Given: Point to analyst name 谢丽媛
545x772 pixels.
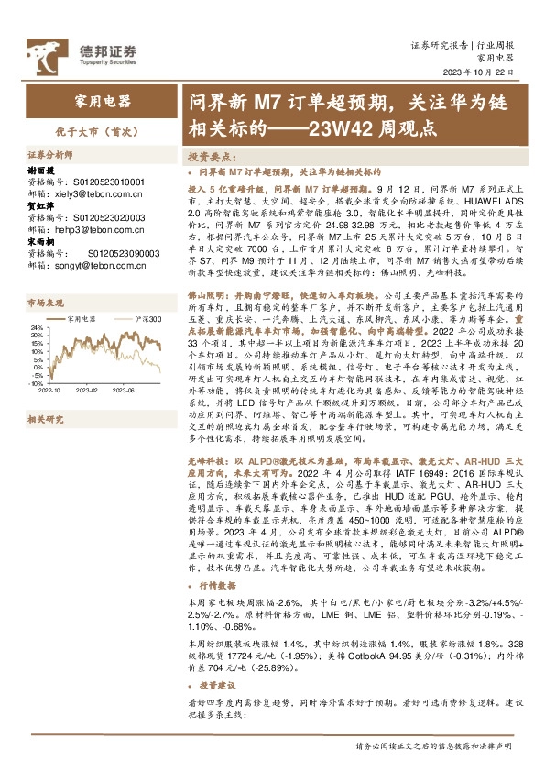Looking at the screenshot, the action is [x=43, y=171].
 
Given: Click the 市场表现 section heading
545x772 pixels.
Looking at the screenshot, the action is [x=46, y=301].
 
